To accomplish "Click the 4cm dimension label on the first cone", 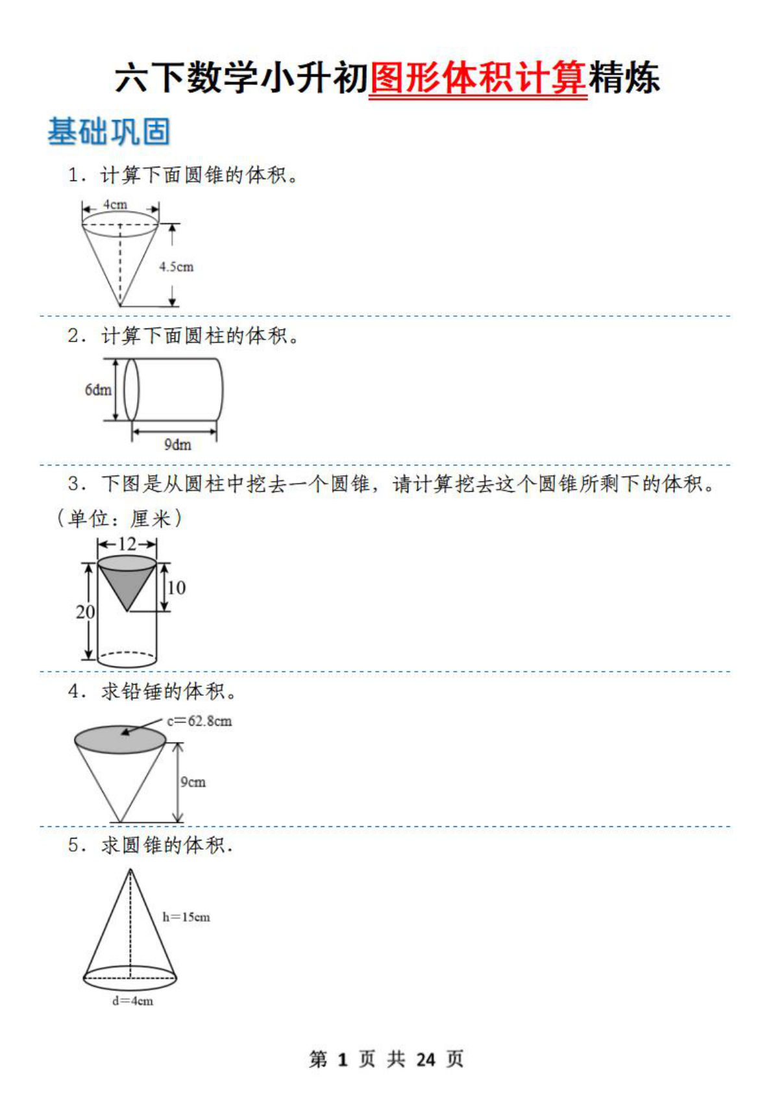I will coord(116,204).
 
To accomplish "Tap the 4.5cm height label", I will coord(177,267).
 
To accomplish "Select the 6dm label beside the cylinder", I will coord(98,390).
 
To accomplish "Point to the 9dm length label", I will coord(177,445).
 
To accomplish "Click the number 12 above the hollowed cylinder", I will coord(127,544).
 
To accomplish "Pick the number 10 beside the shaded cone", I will coord(177,587).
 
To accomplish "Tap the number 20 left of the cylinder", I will coord(85,612).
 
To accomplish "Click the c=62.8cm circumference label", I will coord(199,721).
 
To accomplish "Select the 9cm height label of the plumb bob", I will coord(193,782).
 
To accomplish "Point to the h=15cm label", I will coord(186,917).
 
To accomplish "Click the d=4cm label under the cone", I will coord(133,1001).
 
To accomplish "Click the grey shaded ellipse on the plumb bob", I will coord(121,740).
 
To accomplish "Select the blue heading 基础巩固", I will coord(109,131).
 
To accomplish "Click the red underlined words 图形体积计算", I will coord(478,78).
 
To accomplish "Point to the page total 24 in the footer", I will coord(426,1060).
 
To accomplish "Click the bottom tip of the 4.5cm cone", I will coord(120,305).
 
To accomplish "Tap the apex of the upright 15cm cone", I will coord(130,870).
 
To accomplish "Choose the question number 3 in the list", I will coord(73,484).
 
